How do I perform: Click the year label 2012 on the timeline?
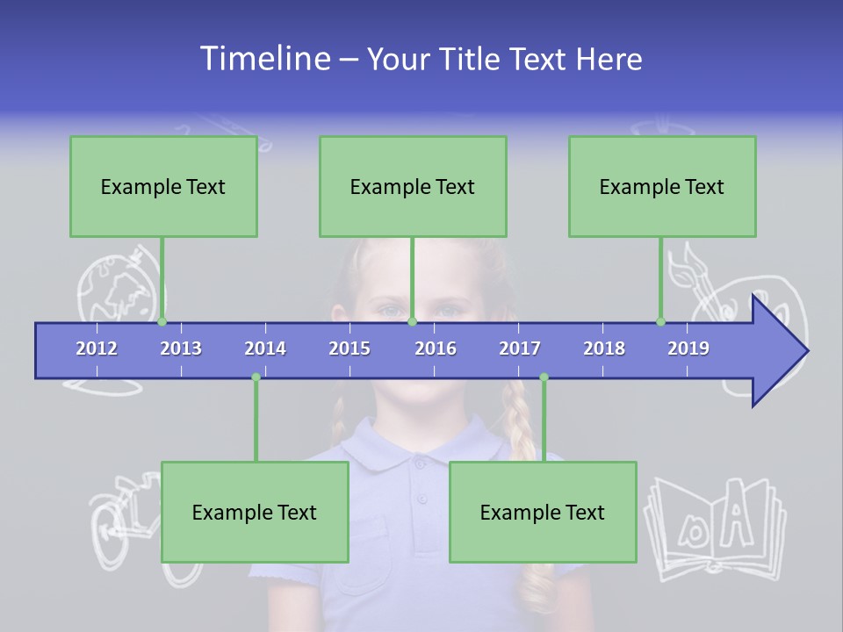97,348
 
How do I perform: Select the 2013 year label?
181,348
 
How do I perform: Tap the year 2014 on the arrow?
265,348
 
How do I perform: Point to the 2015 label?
349,348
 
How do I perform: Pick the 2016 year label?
436,348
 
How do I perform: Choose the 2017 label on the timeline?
520,348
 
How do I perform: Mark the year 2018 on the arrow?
604,348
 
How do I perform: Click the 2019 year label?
688,348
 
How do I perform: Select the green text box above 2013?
163,186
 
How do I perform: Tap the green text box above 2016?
413,186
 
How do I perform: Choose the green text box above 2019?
662,186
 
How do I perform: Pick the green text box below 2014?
255,512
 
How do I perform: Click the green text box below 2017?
543,512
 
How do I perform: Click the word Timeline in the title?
263,59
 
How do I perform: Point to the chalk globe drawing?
110,285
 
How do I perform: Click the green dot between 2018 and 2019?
660,321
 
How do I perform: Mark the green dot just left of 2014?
256,377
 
